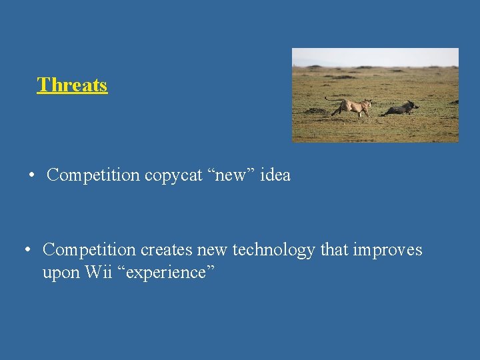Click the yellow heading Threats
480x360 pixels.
tap(72, 85)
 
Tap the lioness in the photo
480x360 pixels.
tap(353, 107)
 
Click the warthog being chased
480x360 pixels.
tap(399, 109)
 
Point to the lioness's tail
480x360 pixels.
tap(332, 99)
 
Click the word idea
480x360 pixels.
tap(275, 175)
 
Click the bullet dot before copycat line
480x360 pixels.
tap(31, 176)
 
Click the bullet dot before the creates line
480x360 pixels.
tap(27, 251)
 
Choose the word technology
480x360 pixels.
tap(273, 250)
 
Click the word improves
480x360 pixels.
tap(388, 251)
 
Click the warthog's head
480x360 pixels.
tap(413, 105)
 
